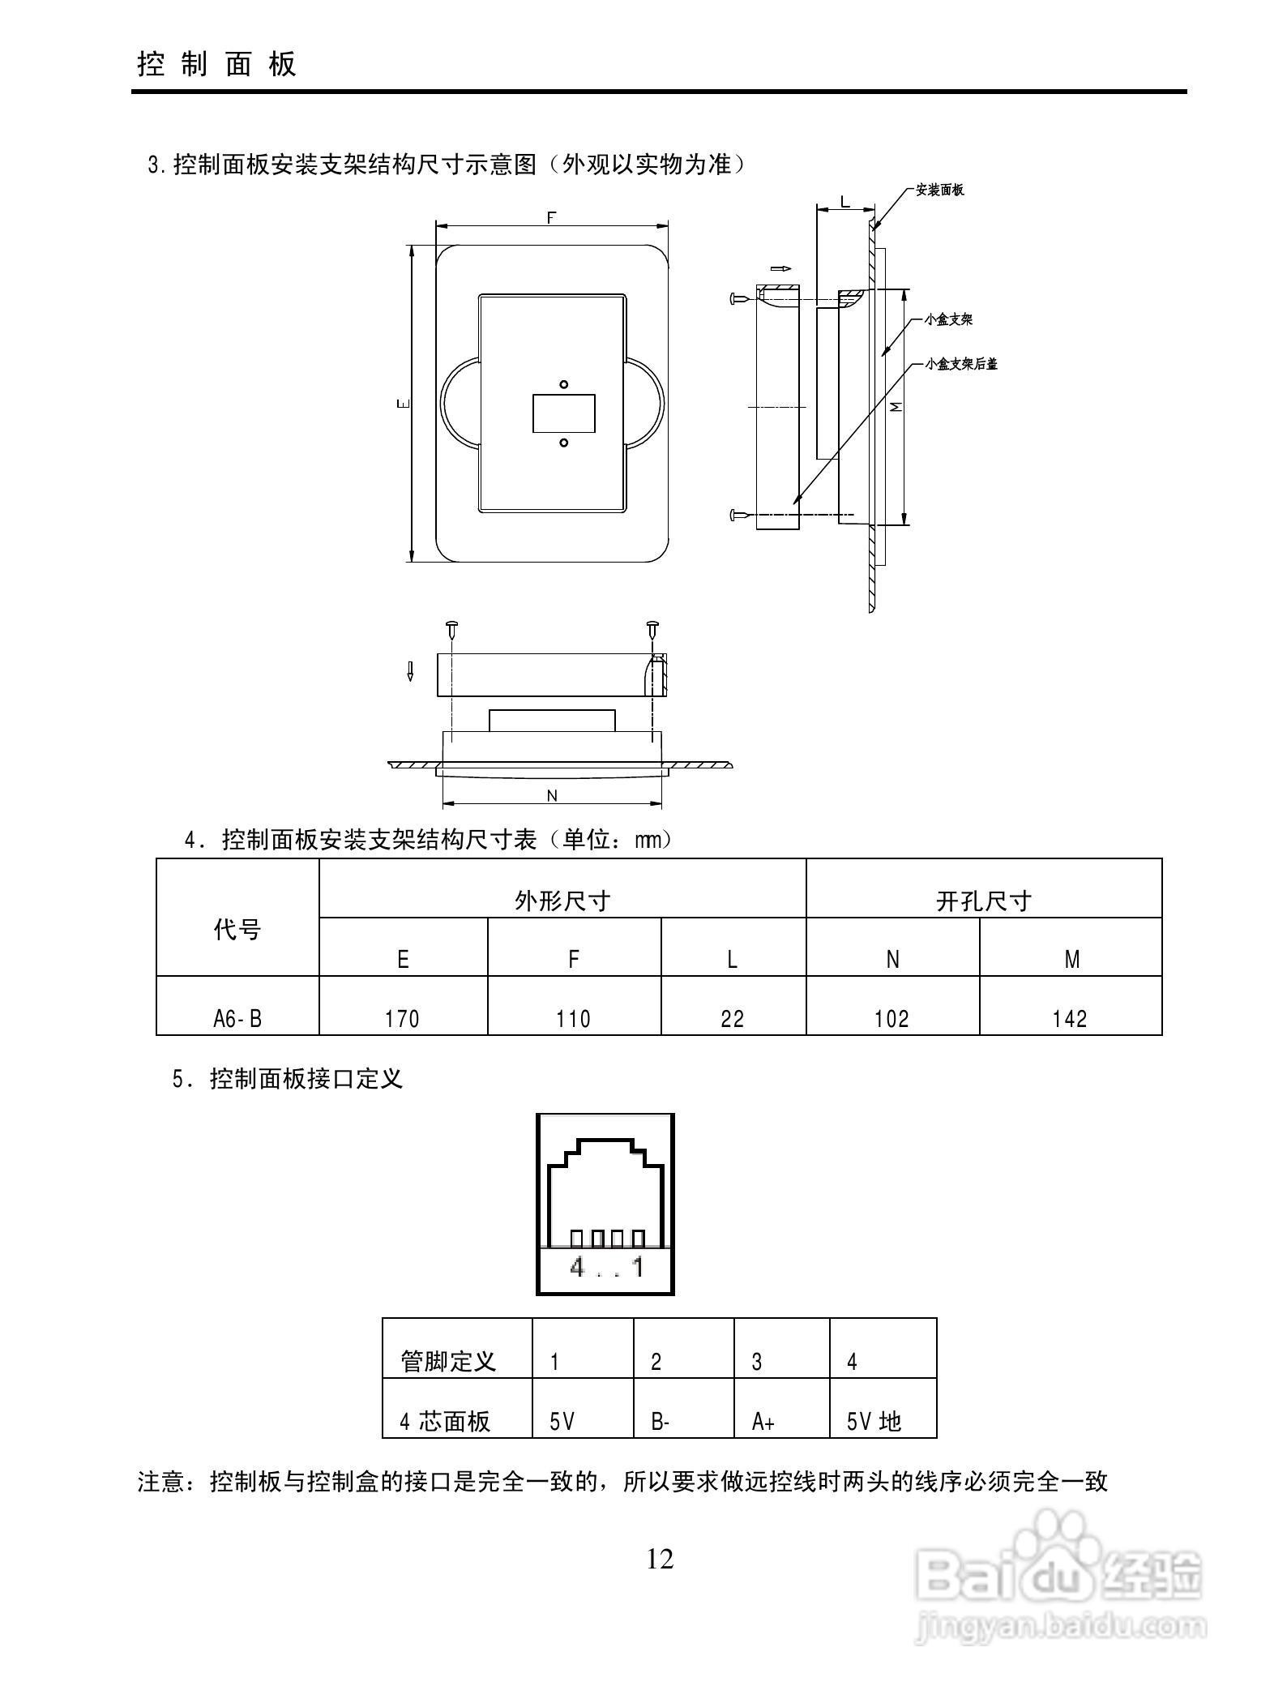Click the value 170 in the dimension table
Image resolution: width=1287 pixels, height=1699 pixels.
pyautogui.click(x=402, y=1018)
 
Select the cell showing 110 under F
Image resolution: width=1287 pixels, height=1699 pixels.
pyautogui.click(x=573, y=1018)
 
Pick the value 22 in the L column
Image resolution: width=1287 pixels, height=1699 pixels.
pyautogui.click(x=732, y=1018)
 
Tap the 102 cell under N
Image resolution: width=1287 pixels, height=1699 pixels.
pyautogui.click(x=891, y=1018)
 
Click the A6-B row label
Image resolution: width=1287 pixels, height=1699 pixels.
pyautogui.click(x=237, y=1018)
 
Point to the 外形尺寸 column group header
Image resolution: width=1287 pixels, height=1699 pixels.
pyautogui.click(x=562, y=901)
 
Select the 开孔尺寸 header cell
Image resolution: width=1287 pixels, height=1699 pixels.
pyautogui.click(x=983, y=901)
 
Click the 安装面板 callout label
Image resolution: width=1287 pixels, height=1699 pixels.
pyautogui.click(x=939, y=190)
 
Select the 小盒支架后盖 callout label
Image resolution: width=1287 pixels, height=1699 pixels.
pyautogui.click(x=961, y=364)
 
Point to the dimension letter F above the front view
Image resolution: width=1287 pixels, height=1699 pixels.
pyautogui.click(x=551, y=217)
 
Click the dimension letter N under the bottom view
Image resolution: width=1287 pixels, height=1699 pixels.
pyautogui.click(x=552, y=795)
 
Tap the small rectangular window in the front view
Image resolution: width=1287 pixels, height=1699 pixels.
pyautogui.click(x=564, y=413)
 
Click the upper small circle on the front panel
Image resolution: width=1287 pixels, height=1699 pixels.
pyautogui.click(x=564, y=384)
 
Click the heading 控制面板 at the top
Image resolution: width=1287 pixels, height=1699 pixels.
pyautogui.click(x=217, y=63)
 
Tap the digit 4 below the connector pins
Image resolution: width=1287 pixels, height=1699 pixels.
pyautogui.click(x=577, y=1267)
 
